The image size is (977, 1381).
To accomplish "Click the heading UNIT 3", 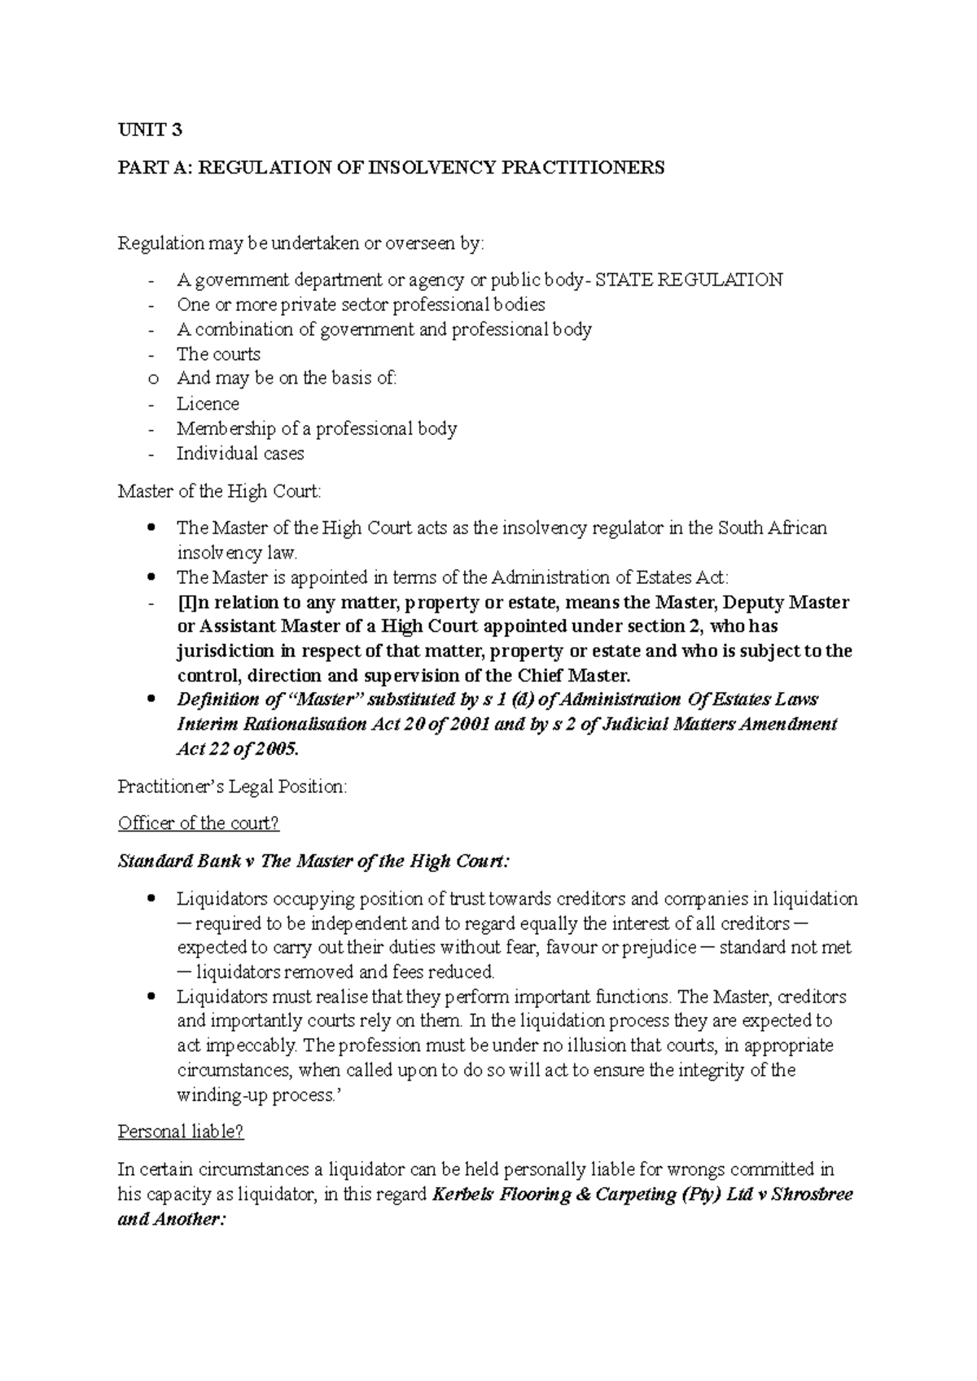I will tap(151, 129).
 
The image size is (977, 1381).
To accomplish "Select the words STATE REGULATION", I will tap(690, 280).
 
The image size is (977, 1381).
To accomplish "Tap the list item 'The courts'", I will tap(218, 354).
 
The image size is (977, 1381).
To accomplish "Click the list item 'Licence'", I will tap(208, 404).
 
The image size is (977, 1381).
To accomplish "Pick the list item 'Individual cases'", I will tap(240, 454).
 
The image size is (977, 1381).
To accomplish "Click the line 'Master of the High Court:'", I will tap(220, 491).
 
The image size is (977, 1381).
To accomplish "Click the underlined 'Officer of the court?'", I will tap(199, 823).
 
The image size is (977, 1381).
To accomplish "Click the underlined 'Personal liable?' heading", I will tap(181, 1132).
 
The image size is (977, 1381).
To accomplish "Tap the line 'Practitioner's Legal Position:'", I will tap(232, 787).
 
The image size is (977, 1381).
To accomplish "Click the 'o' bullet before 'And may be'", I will tap(151, 379).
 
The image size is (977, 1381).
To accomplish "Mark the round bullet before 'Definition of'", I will tap(151, 700).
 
